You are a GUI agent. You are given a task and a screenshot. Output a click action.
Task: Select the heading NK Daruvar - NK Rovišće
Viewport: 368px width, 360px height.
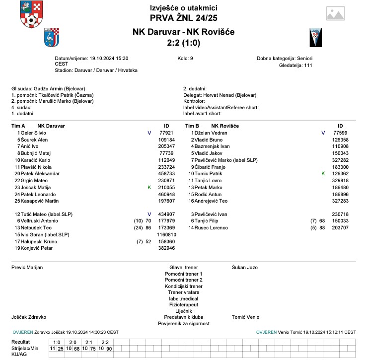pyautogui.click(x=183, y=32)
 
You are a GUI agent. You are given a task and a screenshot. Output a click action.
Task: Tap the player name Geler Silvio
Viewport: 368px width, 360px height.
pyautogui.click(x=33, y=133)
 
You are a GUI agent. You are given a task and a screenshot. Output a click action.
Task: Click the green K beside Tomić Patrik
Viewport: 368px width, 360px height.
pyautogui.click(x=323, y=174)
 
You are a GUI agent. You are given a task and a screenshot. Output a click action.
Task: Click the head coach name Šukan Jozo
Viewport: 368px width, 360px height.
pyautogui.click(x=245, y=267)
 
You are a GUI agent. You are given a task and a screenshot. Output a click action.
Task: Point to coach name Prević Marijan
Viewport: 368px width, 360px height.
pyautogui.click(x=27, y=267)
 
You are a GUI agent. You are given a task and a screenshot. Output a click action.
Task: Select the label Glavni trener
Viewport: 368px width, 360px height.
pyautogui.click(x=184, y=267)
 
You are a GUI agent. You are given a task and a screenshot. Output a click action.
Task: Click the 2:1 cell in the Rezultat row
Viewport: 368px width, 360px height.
pyautogui.click(x=89, y=342)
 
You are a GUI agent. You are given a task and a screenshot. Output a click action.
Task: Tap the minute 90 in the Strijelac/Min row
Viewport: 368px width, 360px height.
pyautogui.click(x=109, y=349)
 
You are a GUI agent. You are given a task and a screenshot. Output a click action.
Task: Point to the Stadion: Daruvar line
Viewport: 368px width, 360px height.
pyautogui.click(x=96, y=71)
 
